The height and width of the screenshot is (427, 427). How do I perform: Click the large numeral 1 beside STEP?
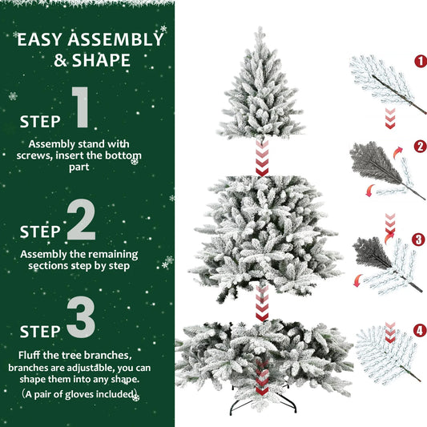(80, 110)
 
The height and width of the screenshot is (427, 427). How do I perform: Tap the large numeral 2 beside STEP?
(80, 220)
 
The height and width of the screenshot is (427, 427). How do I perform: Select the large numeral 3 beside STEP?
(80, 319)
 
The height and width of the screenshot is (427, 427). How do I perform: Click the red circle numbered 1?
(420, 61)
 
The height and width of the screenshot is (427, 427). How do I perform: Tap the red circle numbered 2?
(420, 147)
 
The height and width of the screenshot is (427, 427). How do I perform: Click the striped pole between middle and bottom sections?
(262, 305)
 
